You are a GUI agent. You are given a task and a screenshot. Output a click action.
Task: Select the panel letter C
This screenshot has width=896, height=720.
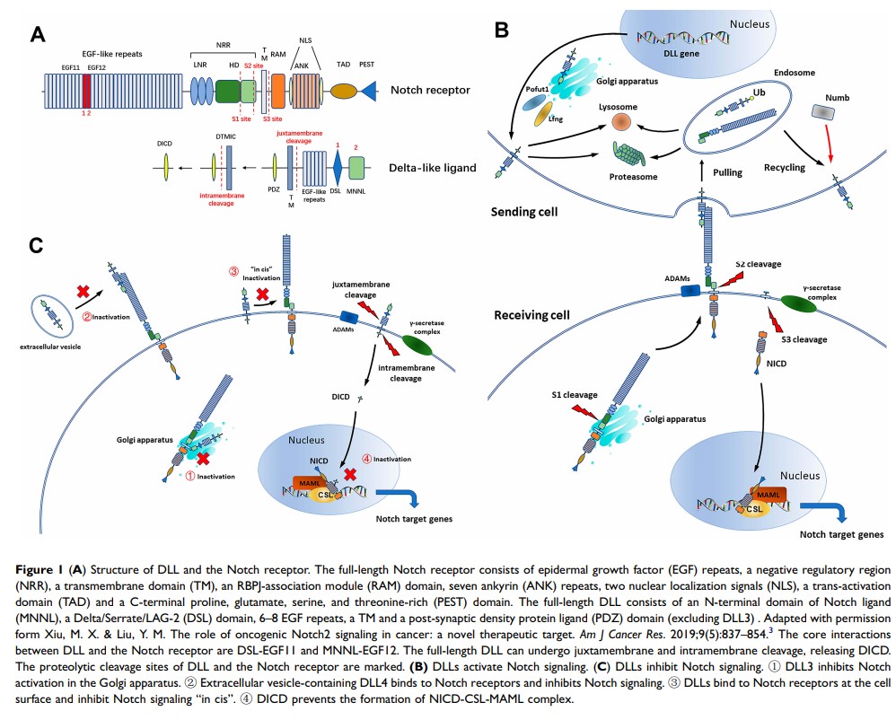(x=37, y=246)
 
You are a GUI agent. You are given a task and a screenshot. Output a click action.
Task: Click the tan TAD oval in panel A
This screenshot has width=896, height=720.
(x=343, y=92)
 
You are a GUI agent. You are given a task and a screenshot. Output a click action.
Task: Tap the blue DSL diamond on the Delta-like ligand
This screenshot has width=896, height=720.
(x=338, y=168)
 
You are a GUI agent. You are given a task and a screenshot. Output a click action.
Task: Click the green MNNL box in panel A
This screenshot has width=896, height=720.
(x=356, y=168)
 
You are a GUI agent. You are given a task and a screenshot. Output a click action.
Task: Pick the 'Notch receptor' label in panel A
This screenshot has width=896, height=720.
(x=430, y=90)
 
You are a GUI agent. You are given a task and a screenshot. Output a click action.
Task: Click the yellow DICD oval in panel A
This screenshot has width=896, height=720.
(x=166, y=167)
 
